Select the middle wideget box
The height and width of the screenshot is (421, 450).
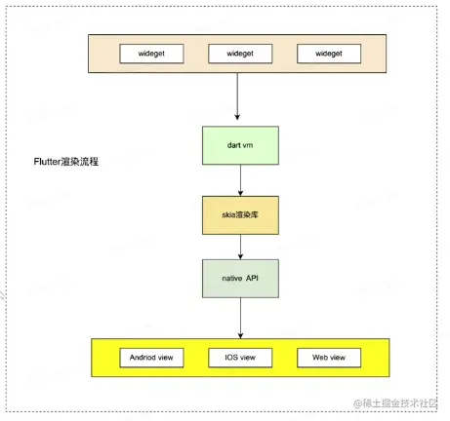238,54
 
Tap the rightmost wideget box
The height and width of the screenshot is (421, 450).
327,54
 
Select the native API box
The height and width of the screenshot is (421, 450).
238,278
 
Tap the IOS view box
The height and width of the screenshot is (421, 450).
238,357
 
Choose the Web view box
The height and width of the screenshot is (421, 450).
327,357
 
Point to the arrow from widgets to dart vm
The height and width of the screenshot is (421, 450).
238,98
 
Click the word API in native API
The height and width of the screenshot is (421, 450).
254,278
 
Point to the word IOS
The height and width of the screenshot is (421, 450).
227,357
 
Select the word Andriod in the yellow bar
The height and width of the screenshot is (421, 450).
142,357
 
